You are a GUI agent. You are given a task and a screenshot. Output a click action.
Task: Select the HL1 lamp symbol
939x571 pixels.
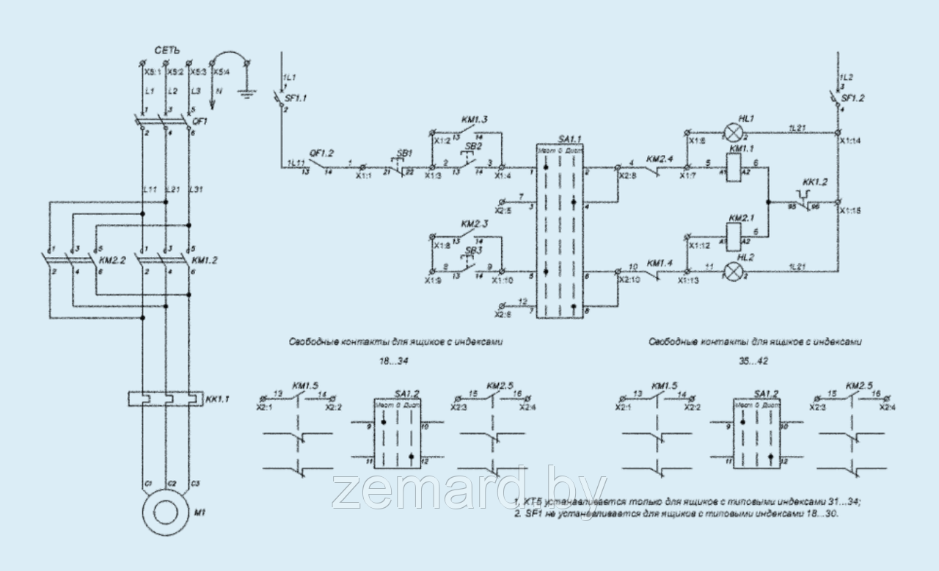[734, 132]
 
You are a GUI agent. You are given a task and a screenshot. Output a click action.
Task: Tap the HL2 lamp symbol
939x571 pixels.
[734, 271]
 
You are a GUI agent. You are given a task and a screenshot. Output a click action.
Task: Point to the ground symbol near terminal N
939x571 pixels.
[249, 92]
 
